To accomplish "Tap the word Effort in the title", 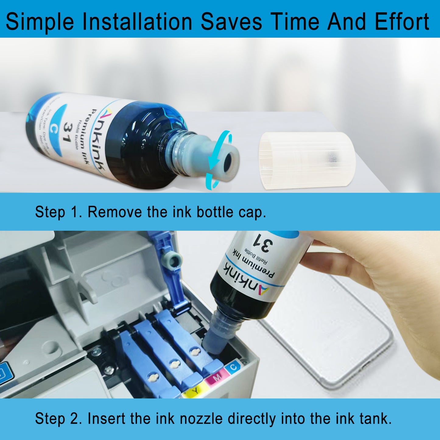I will pos(402,22).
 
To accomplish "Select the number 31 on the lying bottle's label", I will pos(67,133).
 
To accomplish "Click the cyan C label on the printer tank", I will pos(234,367).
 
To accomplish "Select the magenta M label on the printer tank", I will pos(217,378).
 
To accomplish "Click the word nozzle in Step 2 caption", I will pos(201,418).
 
